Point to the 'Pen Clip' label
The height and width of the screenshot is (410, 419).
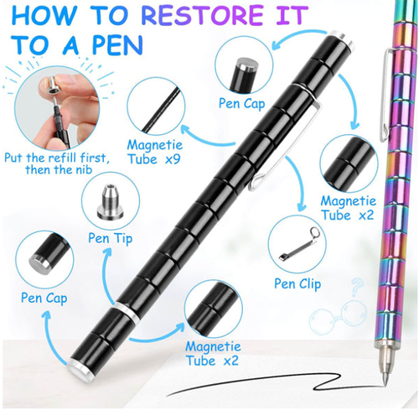coord(297,283)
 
